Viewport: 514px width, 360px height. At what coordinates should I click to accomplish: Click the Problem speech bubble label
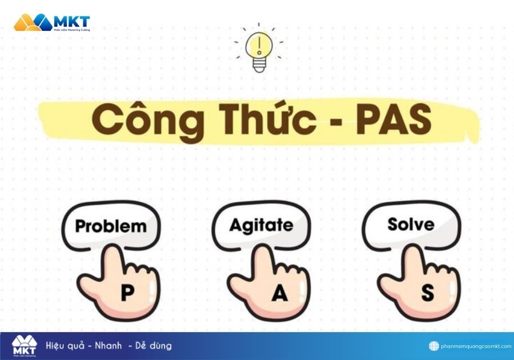(x=111, y=226)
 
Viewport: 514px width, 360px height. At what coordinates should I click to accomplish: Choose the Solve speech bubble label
(x=411, y=224)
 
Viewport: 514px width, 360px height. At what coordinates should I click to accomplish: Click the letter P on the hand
(x=127, y=293)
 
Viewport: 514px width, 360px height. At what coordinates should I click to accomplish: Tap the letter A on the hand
(x=279, y=293)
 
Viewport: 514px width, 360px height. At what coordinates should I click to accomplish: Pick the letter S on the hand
(x=427, y=293)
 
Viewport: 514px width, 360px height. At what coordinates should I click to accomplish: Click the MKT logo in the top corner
(x=51, y=23)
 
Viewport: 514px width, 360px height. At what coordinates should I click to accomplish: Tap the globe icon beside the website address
(x=434, y=346)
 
